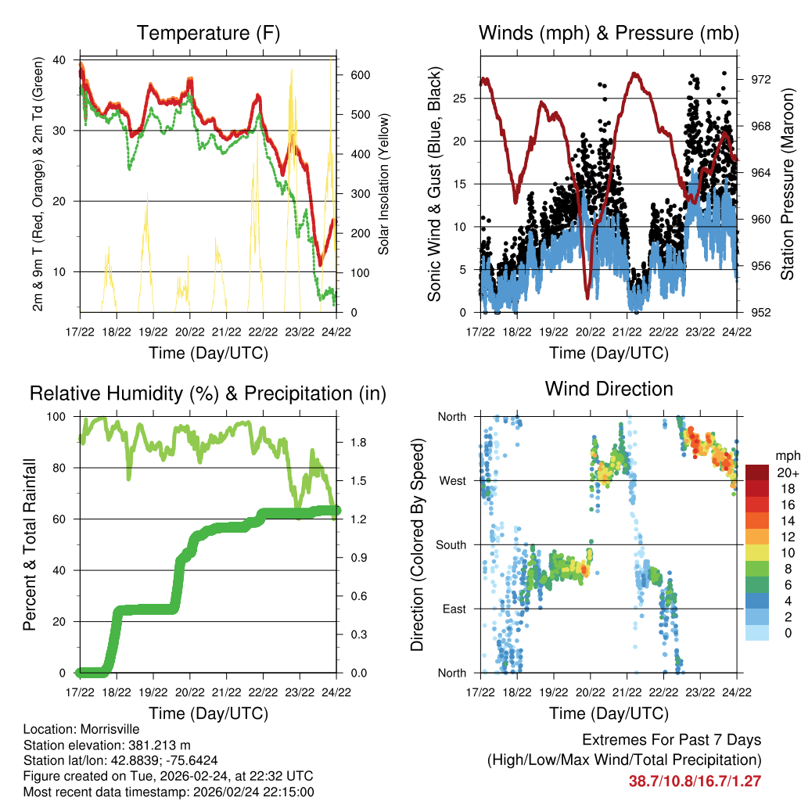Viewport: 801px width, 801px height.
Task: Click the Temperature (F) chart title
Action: point(208,33)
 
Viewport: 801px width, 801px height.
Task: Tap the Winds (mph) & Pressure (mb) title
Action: point(609,33)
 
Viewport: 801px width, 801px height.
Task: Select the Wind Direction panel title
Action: point(609,388)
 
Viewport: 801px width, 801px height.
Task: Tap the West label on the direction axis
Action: point(452,480)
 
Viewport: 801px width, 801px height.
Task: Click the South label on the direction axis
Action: point(451,544)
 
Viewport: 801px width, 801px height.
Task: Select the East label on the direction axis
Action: point(453,609)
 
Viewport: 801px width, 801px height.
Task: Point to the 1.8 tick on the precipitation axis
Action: point(359,443)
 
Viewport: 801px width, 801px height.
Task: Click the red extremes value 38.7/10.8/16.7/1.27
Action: point(695,781)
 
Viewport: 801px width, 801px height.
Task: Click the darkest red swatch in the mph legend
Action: point(758,472)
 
